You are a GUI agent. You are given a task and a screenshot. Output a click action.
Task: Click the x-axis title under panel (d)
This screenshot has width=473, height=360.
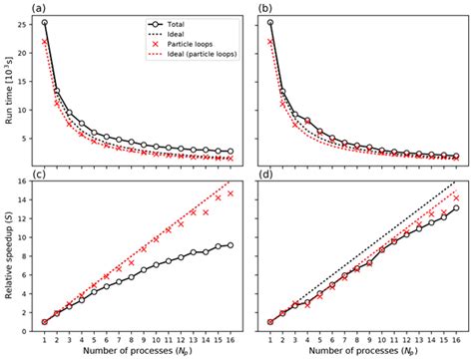pos(363,351)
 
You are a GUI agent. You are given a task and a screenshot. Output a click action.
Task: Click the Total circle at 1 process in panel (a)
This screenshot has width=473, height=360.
pos(45,22)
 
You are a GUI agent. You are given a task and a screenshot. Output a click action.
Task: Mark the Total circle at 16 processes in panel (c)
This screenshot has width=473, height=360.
pos(232,245)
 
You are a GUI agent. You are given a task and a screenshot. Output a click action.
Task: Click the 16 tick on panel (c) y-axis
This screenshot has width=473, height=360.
pos(26,181)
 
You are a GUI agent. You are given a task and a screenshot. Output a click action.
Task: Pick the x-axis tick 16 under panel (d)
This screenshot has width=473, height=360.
pos(457,335)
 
